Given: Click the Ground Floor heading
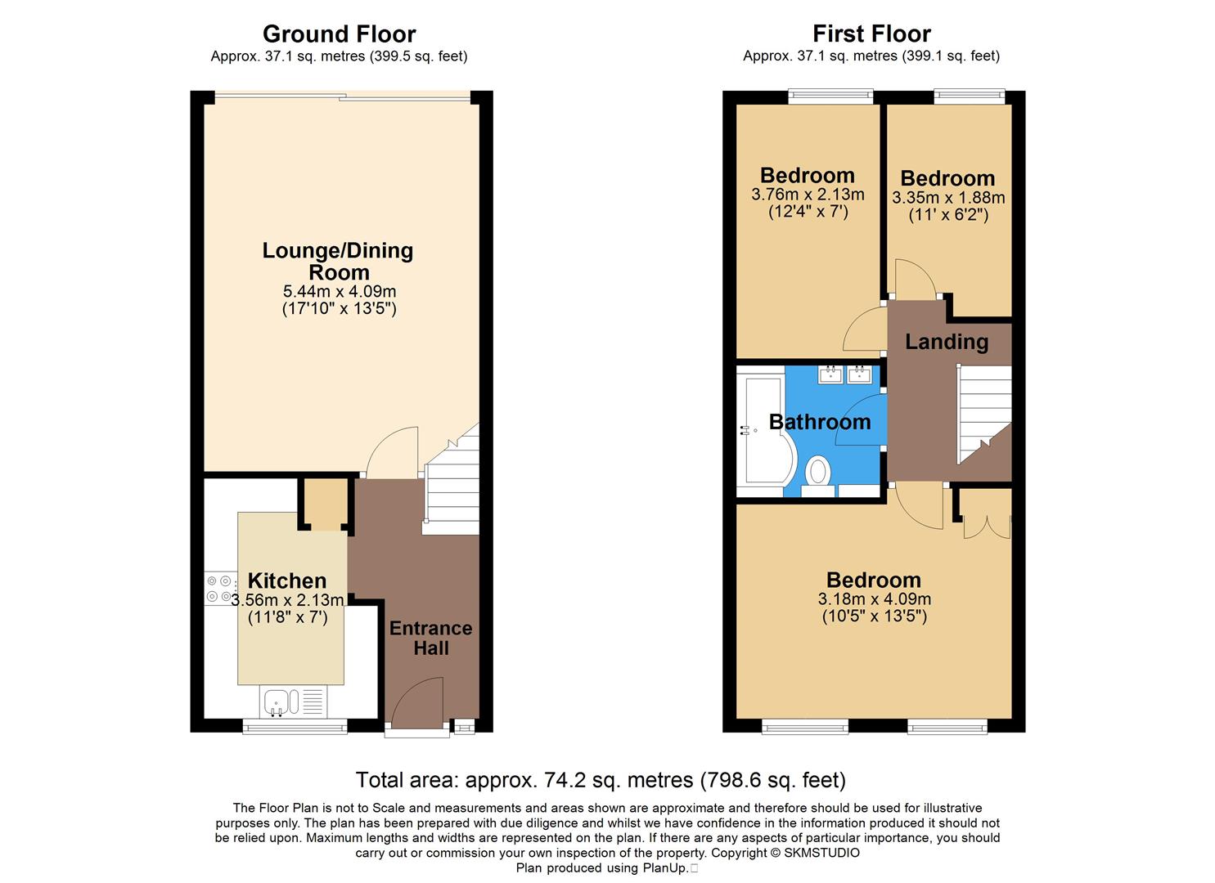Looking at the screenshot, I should click(339, 34).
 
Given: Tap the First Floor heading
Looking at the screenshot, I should click(871, 34).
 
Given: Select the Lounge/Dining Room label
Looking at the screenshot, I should click(338, 261).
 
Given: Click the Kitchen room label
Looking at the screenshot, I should click(287, 580).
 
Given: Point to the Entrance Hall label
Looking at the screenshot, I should click(430, 638).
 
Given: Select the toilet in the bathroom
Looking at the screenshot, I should click(817, 473).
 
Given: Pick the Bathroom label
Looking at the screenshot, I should click(820, 422).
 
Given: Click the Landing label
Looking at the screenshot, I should click(947, 342).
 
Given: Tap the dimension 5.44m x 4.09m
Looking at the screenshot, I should click(340, 291).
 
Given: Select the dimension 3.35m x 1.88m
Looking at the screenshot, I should click(948, 198).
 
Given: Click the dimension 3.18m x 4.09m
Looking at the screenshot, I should click(874, 598).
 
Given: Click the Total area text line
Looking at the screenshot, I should click(601, 779).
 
